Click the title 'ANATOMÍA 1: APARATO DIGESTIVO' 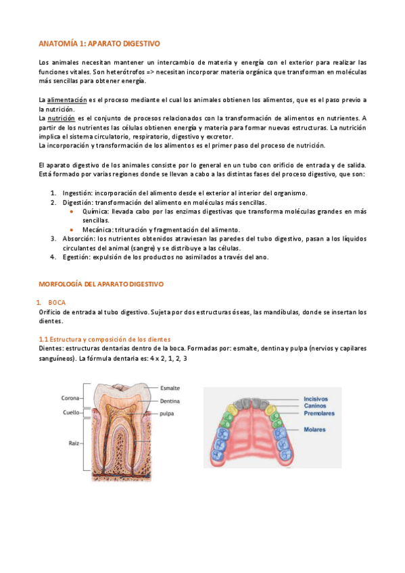(x=99, y=43)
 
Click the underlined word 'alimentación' (x=66, y=100)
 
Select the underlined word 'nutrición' (x=61, y=118)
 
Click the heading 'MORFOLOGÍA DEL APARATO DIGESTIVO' (x=101, y=284)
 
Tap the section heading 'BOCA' (x=57, y=303)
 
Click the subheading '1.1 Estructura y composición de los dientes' (x=104, y=339)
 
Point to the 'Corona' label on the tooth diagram (x=72, y=398)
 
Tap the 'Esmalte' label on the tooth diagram (x=170, y=389)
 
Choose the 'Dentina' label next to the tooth (x=170, y=401)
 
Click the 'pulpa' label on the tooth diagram (x=168, y=412)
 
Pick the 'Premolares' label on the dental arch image (x=320, y=413)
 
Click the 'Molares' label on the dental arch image (x=314, y=429)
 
